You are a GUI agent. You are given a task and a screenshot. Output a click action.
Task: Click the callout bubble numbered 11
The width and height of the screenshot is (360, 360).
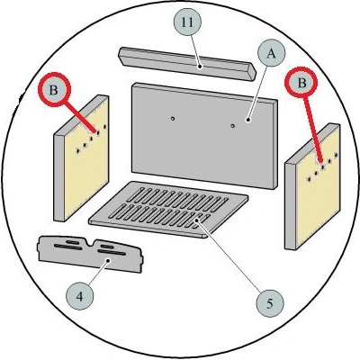188,22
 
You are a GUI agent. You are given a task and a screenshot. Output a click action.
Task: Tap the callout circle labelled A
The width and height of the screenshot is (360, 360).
271,54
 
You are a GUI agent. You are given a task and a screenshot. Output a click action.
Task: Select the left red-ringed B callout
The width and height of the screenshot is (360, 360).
54,90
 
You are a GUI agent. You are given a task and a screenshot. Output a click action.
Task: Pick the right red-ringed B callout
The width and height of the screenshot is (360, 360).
301,82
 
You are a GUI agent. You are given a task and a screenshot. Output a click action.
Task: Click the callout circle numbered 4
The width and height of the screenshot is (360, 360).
79,297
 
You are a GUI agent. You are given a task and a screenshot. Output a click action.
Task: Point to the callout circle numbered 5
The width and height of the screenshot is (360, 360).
270,303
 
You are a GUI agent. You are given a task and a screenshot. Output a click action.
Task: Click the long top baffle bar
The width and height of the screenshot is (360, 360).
187,64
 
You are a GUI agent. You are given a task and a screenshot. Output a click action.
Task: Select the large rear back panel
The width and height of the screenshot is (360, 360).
204,136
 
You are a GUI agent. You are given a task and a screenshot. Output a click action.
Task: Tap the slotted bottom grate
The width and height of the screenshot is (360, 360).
168,209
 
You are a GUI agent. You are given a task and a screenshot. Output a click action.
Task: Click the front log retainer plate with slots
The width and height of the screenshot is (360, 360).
90,255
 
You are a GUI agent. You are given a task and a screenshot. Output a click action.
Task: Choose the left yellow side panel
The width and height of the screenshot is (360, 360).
82,158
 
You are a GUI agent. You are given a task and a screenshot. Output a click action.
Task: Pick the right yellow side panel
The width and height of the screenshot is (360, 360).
312,187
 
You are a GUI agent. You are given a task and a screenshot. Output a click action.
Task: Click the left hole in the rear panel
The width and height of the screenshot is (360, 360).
173,119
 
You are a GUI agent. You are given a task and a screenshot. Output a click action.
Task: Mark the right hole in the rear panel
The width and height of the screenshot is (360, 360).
232,126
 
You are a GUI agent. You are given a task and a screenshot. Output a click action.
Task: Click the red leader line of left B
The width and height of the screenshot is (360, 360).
80,117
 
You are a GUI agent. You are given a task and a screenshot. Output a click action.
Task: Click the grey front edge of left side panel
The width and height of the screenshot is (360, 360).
58,178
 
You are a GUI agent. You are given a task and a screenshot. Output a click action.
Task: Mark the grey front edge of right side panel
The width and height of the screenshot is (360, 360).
290,206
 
